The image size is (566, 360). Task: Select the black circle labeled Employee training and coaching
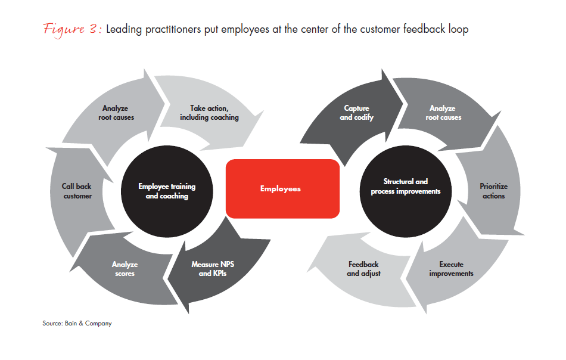click(167, 191)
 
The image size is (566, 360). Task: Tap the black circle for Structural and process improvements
click(405, 187)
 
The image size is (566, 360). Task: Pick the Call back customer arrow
click(77, 191)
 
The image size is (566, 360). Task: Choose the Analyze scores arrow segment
click(125, 269)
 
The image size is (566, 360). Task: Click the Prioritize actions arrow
click(493, 191)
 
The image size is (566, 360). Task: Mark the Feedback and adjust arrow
click(363, 269)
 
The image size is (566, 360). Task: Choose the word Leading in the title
click(123, 29)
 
